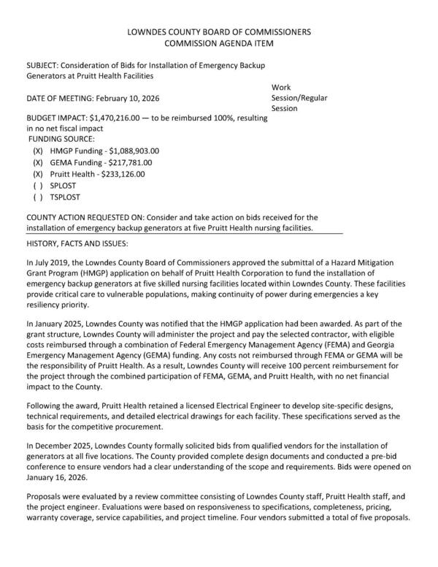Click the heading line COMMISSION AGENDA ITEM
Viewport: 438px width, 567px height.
218,44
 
